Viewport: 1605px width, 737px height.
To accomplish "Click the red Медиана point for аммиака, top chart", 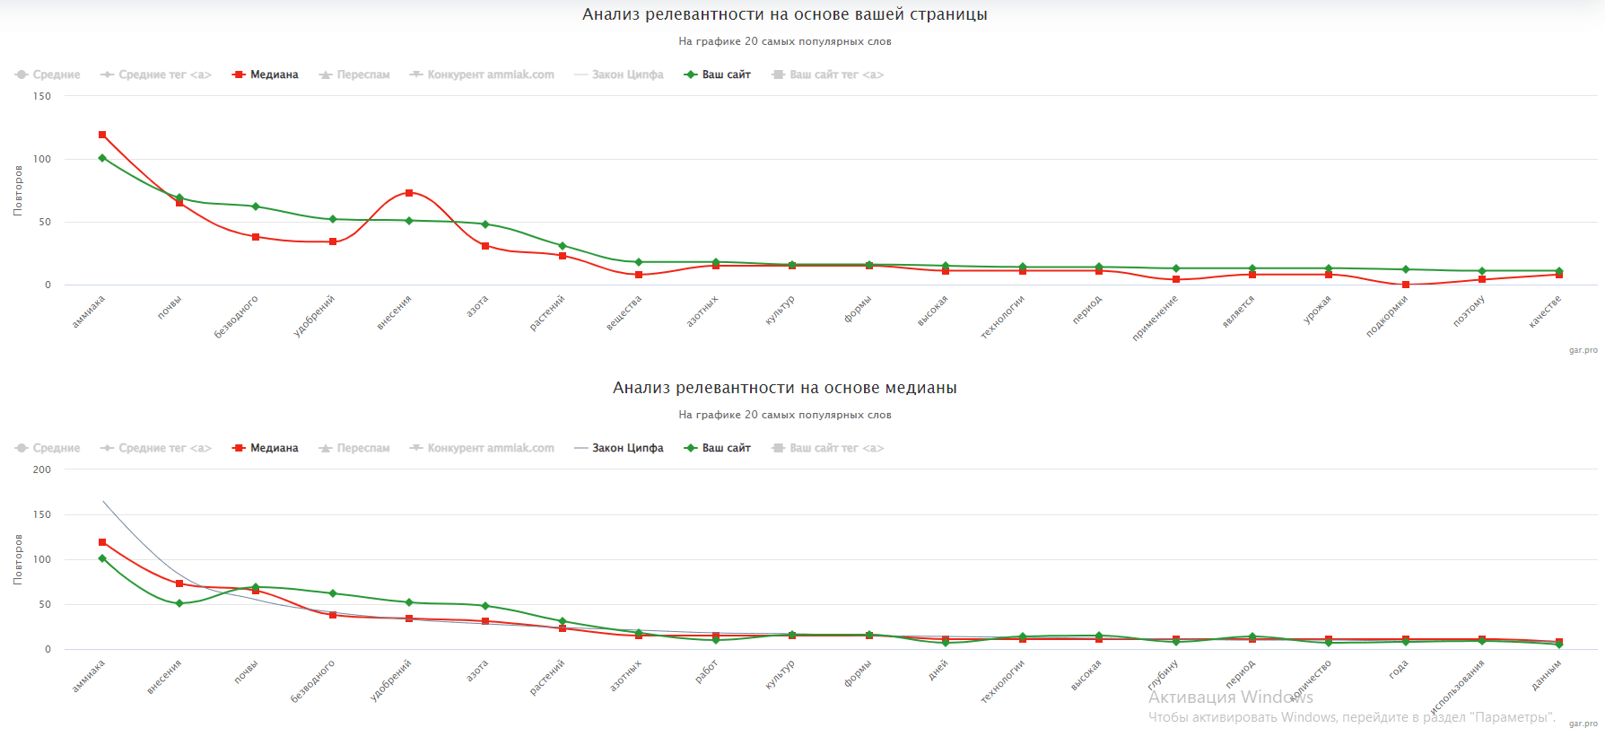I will (x=102, y=135).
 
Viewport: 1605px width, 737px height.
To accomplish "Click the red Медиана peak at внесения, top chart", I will (x=409, y=193).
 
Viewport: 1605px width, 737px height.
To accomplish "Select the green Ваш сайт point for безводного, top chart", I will (x=256, y=206).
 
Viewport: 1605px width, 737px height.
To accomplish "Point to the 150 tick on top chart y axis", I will (x=42, y=96).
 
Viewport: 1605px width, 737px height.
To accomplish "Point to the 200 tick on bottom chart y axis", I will (x=42, y=469).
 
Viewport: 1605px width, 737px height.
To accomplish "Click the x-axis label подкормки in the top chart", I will (x=1387, y=316).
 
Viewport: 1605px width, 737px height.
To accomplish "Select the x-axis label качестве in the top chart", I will (x=1545, y=311).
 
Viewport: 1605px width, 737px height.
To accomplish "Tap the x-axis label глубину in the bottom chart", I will (x=1163, y=674).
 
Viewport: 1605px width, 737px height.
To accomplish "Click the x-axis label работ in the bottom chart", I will (x=707, y=671).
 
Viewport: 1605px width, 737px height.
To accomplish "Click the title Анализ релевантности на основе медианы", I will (x=784, y=388).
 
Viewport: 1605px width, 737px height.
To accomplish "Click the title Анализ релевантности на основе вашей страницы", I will (x=784, y=14).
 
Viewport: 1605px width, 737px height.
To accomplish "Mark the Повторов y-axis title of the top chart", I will (x=18, y=190).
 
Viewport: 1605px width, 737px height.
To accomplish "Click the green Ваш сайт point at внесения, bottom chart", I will (x=179, y=603).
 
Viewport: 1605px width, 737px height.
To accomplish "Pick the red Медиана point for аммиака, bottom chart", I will (x=102, y=542).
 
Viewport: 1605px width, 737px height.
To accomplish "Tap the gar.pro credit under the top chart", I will (x=1583, y=350).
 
